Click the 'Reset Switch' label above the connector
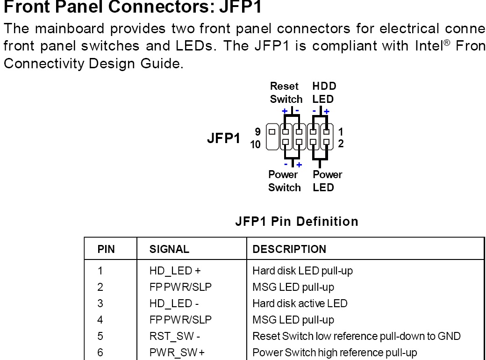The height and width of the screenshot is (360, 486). [286, 93]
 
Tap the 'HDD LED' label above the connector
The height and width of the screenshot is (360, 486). [324, 93]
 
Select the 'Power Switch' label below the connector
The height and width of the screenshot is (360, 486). [284, 181]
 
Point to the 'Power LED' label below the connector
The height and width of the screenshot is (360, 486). [327, 181]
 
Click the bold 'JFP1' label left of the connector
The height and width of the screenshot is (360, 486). [224, 139]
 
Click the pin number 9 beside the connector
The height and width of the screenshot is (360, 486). [257, 132]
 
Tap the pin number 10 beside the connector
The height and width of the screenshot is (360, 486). [256, 144]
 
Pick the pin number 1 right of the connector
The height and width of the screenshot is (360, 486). [340, 132]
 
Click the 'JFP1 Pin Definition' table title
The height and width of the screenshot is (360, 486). [297, 221]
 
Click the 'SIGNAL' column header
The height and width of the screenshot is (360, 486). [169, 249]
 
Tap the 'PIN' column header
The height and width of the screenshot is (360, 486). [106, 249]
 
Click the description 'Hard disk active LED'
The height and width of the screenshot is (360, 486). [300, 303]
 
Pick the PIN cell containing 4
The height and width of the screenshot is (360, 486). [100, 320]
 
